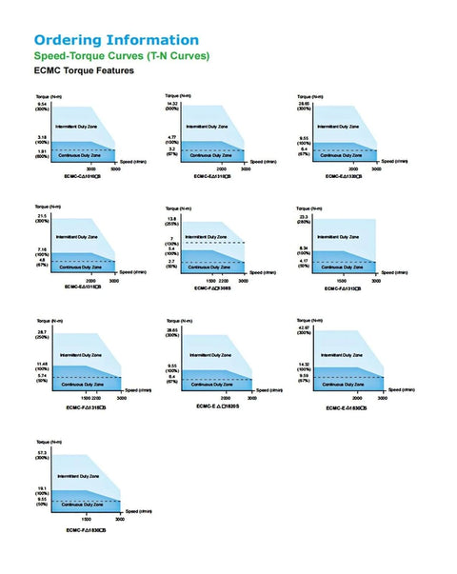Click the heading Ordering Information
[x=116, y=40]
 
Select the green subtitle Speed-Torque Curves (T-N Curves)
[x=122, y=56]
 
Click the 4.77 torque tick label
[x=172, y=138]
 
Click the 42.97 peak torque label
[x=305, y=328]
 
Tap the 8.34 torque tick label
[x=304, y=249]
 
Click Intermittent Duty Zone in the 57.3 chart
[x=76, y=474]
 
